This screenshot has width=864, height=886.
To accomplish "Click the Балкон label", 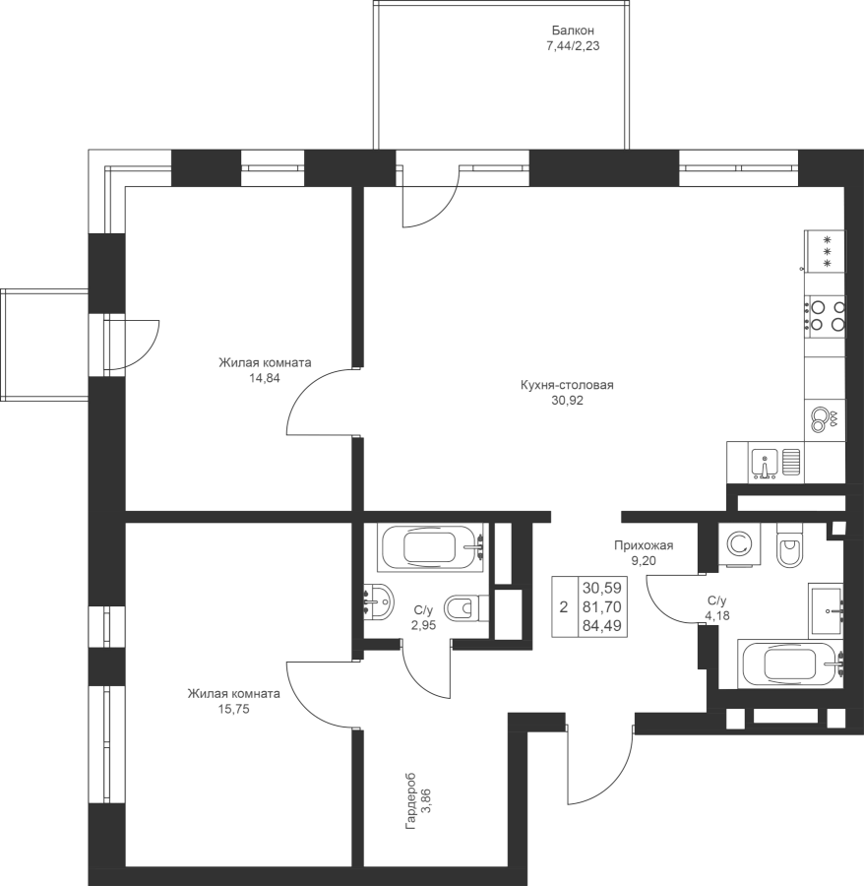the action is tap(573, 31).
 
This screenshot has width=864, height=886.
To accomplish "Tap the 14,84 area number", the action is tap(265, 378).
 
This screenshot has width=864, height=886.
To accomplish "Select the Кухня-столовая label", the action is tap(567, 385).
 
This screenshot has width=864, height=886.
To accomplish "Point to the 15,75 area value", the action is tap(233, 709).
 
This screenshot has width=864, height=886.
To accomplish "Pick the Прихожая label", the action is tap(644, 545).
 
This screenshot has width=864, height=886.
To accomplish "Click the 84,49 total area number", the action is tap(602, 625).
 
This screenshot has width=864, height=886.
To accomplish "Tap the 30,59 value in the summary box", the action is tap(602, 589).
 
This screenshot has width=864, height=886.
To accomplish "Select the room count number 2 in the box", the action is tap(564, 607).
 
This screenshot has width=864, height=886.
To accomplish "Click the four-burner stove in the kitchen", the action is tap(825, 316).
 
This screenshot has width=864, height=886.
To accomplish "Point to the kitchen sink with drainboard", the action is tap(775, 463).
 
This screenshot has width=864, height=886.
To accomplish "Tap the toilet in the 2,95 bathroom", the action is tap(466, 608).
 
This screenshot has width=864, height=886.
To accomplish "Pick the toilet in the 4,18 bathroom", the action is tap(789, 545).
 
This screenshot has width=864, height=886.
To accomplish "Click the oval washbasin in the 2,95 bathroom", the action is tap(379, 602).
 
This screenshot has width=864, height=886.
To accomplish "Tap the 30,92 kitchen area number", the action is tap(567, 401).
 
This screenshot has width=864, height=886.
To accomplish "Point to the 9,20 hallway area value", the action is tap(644, 561).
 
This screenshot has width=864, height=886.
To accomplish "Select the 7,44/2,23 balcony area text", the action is tap(573, 46).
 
